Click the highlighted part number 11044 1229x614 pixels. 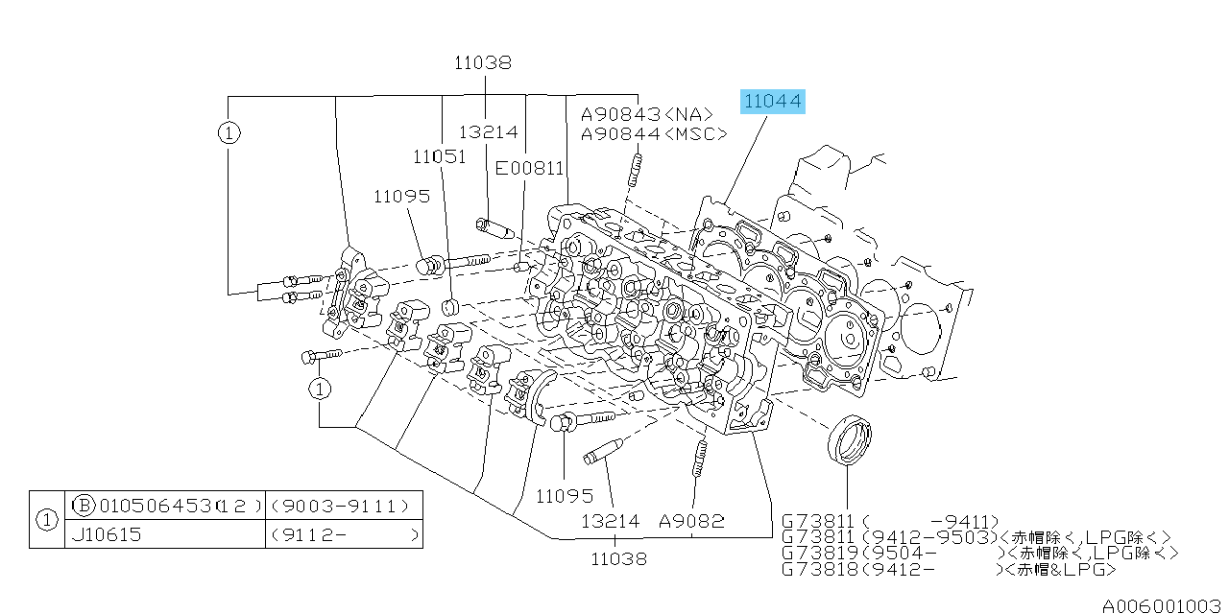tap(772, 101)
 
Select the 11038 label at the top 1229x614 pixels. tap(483, 63)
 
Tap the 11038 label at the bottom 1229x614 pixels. tap(618, 557)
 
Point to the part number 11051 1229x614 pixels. tap(440, 156)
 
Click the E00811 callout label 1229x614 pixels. tap(529, 168)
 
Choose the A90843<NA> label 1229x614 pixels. tap(647, 114)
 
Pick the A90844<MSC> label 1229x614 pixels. tap(654, 134)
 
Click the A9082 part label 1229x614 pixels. tap(691, 522)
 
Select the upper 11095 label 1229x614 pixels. tap(402, 197)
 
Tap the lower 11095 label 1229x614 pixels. tap(565, 496)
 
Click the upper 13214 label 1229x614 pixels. tap(488, 132)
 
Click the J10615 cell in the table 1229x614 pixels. tap(107, 534)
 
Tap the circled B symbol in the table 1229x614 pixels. tap(84, 506)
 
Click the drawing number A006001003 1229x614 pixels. tap(1161, 605)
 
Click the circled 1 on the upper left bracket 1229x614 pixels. tap(228, 133)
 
